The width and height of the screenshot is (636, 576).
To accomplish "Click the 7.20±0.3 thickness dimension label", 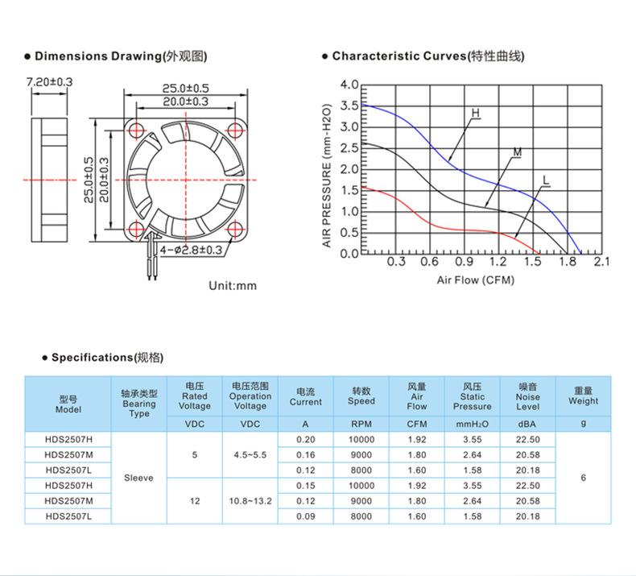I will [50, 82].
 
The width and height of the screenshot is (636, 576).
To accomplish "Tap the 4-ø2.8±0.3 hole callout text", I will [191, 250].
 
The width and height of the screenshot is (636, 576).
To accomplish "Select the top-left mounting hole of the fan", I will [136, 128].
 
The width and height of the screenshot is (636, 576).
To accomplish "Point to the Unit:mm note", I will [232, 286].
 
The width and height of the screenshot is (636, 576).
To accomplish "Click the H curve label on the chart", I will [475, 114].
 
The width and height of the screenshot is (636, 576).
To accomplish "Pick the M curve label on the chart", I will [517, 152].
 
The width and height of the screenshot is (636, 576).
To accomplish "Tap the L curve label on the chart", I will [545, 179].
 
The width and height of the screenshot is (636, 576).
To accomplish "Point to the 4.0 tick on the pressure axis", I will [349, 85].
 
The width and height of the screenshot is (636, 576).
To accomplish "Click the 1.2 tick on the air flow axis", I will [498, 262].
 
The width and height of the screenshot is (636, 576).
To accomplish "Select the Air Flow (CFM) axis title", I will [475, 280].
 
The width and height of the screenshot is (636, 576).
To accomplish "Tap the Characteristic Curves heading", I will [427, 56].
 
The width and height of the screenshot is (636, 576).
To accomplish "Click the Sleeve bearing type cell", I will [138, 478].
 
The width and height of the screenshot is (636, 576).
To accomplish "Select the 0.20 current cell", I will [305, 439].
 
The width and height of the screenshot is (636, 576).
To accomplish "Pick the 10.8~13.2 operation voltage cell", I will [250, 501].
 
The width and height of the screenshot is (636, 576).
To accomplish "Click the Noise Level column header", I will [528, 396].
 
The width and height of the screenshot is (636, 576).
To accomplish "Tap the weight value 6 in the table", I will [583, 478].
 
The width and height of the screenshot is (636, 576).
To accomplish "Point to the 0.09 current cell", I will [305, 516].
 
